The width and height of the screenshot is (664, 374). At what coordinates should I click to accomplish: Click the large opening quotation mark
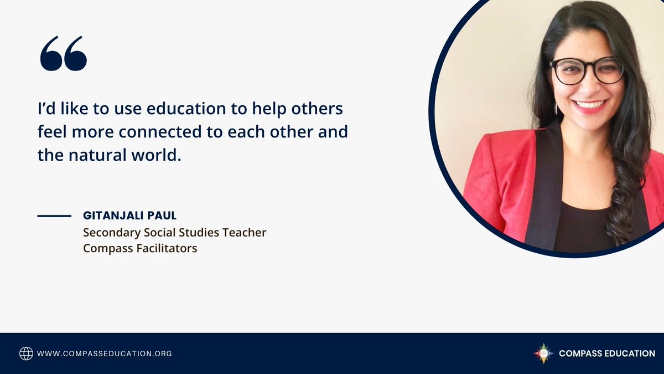63,54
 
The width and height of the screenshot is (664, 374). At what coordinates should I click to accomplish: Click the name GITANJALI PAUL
129,216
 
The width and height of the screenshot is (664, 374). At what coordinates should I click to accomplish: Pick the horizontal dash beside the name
54,216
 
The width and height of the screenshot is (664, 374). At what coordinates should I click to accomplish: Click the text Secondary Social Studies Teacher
174,233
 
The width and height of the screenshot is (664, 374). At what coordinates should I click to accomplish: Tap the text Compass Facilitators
140,248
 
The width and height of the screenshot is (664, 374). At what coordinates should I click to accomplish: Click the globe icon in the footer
26,353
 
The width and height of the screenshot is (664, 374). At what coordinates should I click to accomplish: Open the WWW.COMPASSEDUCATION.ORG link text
104,353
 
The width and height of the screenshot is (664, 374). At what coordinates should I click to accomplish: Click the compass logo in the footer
543,353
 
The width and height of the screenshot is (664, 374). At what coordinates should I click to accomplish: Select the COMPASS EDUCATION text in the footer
607,353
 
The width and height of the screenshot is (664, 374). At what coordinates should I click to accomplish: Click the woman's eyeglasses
587,71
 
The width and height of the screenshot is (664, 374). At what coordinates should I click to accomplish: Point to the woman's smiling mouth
590,105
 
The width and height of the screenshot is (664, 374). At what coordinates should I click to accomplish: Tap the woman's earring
556,107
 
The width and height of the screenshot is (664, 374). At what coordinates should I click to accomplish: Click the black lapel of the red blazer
545,183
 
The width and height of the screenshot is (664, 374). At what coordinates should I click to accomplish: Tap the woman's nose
590,86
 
